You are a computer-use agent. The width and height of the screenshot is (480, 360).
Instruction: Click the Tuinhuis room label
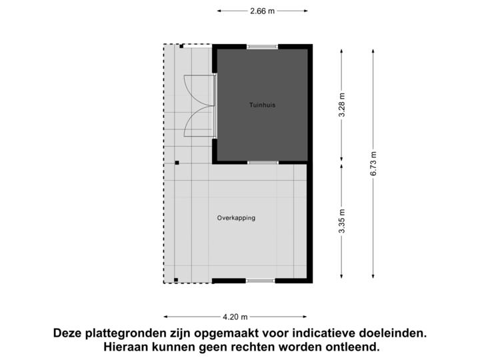[x=263, y=105]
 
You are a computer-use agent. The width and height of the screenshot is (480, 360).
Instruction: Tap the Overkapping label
[x=236, y=218]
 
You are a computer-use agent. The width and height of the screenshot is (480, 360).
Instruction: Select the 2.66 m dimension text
[x=263, y=11]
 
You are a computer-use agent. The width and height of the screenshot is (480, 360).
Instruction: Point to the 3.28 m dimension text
[x=342, y=105]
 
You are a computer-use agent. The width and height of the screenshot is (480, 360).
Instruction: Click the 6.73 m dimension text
[x=373, y=163]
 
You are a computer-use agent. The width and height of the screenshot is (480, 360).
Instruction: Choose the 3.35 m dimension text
[x=342, y=222]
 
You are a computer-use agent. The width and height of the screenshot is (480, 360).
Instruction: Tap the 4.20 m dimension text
[x=235, y=317]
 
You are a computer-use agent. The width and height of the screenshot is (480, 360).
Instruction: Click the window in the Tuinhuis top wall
[x=262, y=46]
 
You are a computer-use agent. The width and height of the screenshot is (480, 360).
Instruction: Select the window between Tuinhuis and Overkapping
[x=262, y=162]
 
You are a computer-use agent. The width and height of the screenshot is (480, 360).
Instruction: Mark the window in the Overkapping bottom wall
[x=260, y=281]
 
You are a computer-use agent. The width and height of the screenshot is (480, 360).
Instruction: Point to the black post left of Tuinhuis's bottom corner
[x=176, y=162]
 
